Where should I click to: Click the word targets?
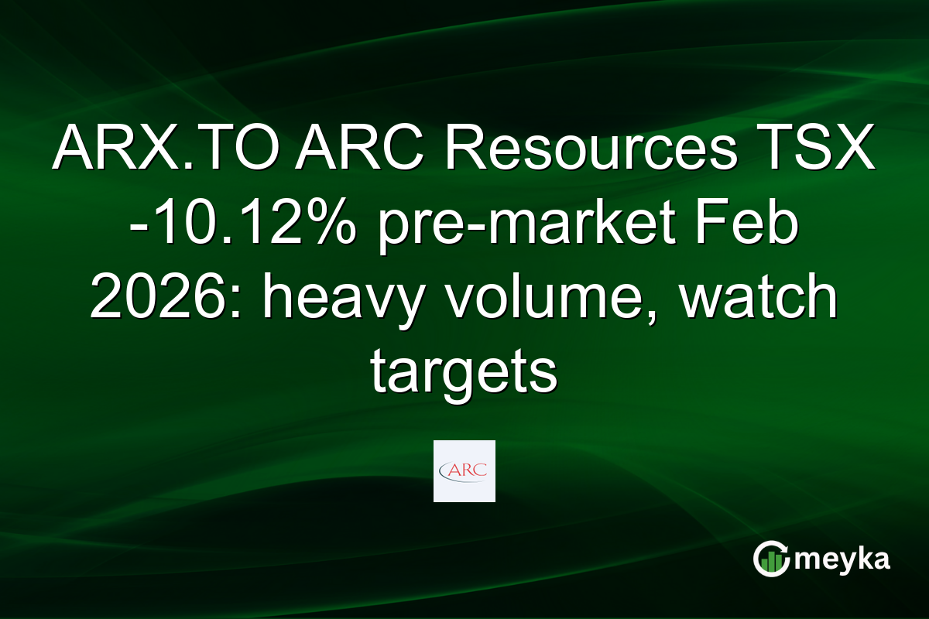pos(464,373)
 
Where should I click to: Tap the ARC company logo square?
pos(464,470)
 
